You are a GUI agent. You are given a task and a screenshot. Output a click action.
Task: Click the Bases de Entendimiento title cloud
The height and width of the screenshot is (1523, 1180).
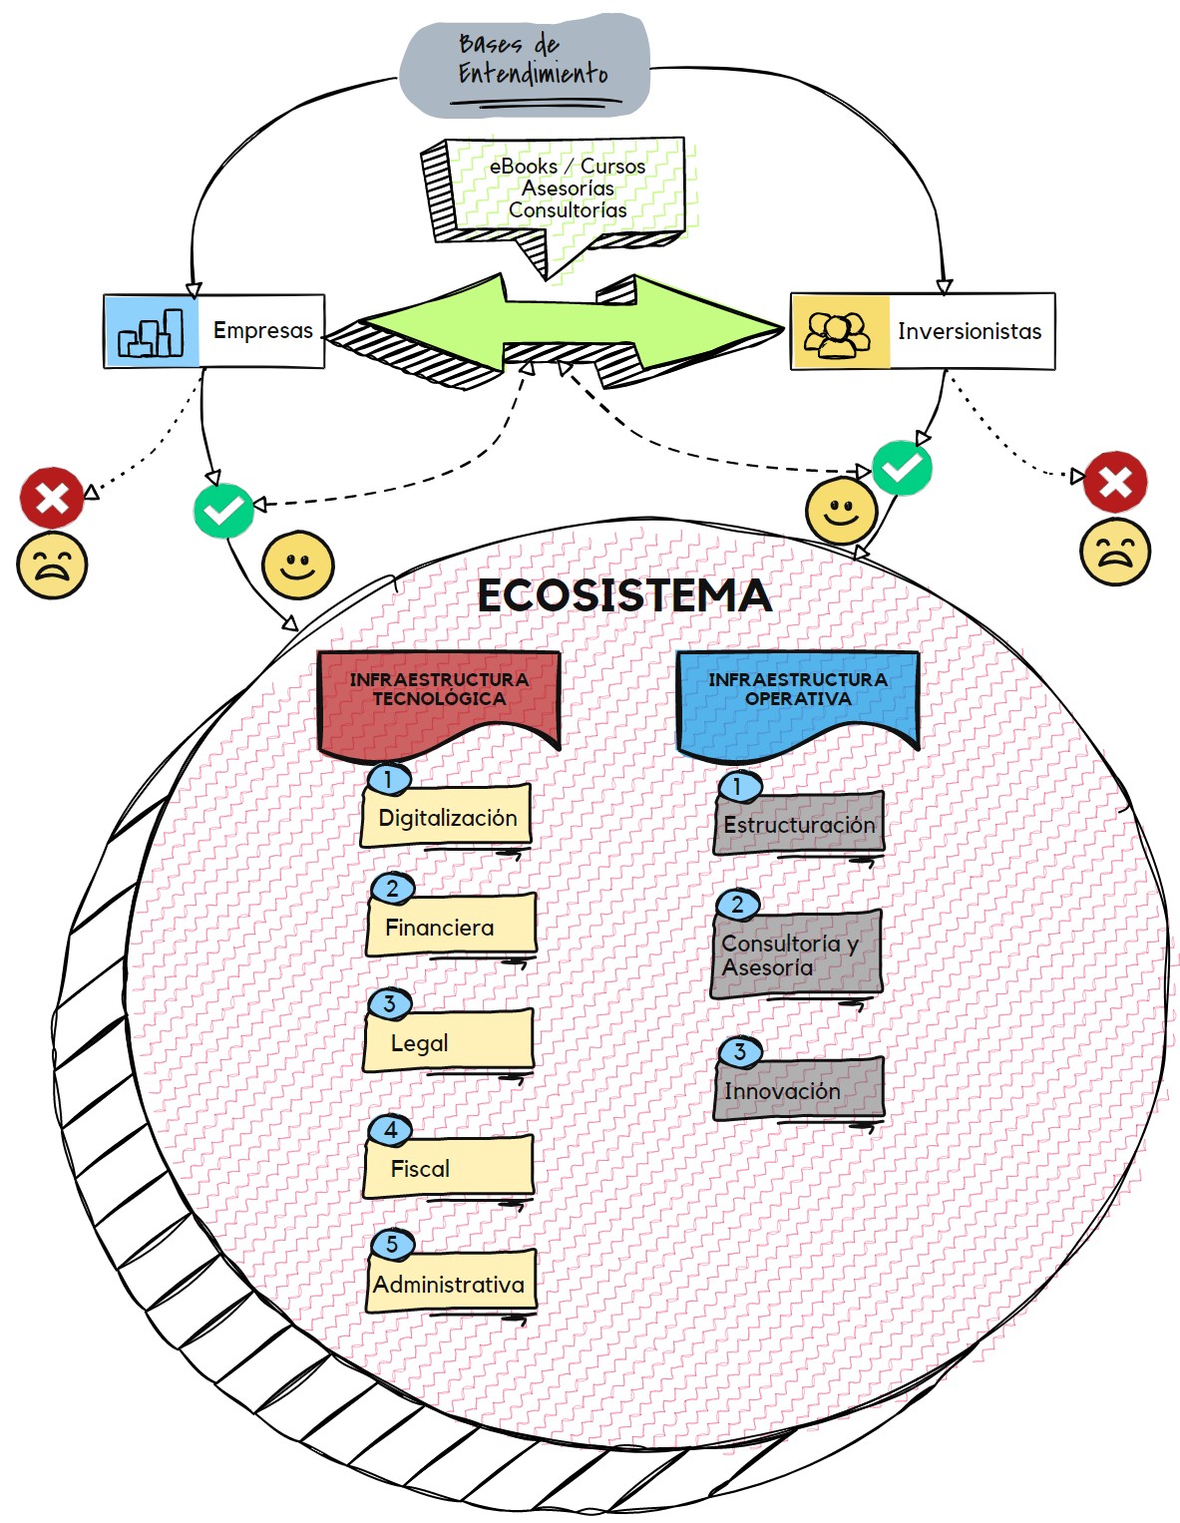point(525,65)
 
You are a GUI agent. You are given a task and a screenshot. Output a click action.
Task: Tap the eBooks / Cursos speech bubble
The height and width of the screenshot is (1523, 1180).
point(567,189)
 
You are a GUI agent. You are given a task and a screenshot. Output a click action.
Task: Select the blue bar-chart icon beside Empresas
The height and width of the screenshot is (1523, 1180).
point(152,331)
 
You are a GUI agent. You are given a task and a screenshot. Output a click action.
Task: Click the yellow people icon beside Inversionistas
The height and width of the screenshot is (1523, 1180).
point(839,332)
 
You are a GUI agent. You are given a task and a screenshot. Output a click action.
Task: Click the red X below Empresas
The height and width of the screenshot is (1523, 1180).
point(52,497)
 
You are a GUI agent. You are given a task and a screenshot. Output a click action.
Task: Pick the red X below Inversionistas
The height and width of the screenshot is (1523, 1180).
point(1115,483)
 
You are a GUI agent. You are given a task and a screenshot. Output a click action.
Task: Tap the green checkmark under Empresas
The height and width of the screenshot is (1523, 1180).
point(223,510)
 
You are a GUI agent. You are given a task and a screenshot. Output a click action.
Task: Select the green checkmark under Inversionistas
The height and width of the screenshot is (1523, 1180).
point(902,468)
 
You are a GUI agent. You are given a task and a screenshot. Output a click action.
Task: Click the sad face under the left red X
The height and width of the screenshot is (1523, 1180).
point(52,566)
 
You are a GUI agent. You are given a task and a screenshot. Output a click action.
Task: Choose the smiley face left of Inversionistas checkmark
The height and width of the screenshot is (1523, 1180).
point(841,511)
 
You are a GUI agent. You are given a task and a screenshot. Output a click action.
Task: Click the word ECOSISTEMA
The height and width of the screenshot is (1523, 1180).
point(624,595)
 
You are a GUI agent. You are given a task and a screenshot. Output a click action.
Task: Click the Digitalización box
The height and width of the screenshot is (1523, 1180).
point(447,817)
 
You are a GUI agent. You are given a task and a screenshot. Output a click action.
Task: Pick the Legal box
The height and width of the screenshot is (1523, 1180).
point(448,1042)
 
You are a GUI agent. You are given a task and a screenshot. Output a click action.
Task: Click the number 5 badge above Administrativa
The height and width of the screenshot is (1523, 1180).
point(392,1244)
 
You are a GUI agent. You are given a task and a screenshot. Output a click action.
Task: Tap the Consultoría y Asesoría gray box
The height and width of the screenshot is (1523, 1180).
point(796,955)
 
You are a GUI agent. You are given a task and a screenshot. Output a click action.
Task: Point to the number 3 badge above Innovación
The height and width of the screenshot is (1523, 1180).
point(740,1051)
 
